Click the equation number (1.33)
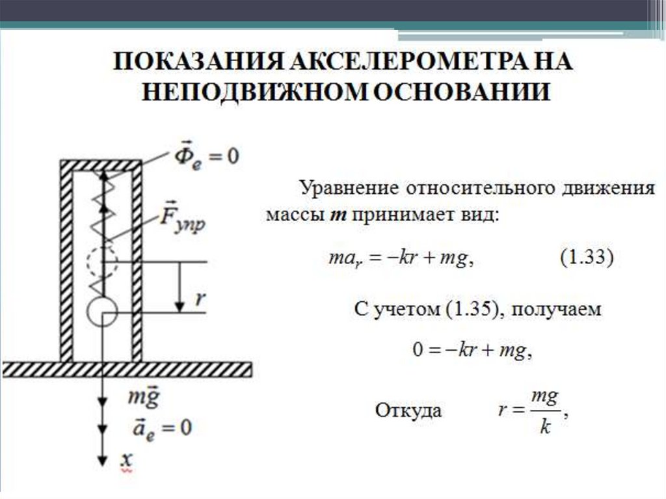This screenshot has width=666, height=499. [x=586, y=258]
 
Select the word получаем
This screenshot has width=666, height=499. [x=555, y=310]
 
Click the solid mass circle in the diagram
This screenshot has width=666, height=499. [x=102, y=312]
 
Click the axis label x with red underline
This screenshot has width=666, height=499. [x=125, y=460]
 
